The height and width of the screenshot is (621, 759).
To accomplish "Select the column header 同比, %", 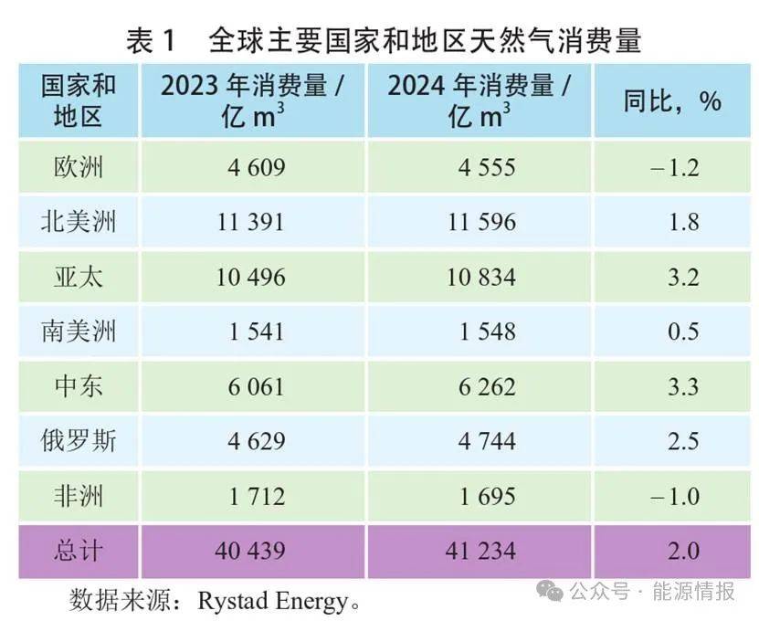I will coord(672,100).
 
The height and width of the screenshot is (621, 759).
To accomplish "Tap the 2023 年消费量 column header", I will coord(252,100).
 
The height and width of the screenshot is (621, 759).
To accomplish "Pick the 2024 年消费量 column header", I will coord(480,100).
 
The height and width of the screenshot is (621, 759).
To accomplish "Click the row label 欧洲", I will coord(79,167).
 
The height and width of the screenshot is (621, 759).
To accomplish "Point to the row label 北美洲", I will coord(79,222).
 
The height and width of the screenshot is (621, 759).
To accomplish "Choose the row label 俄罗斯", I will coord(79,441).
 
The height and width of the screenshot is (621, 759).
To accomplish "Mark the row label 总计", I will coord(79,551).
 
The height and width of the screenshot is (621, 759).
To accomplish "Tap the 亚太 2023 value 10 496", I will coord(251,277).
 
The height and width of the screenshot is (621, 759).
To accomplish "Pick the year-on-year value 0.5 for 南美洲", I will coord(683,332).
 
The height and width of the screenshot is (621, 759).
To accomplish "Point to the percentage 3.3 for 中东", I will coord(683,386).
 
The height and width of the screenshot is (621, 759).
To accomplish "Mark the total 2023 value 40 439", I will coord(251,551).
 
